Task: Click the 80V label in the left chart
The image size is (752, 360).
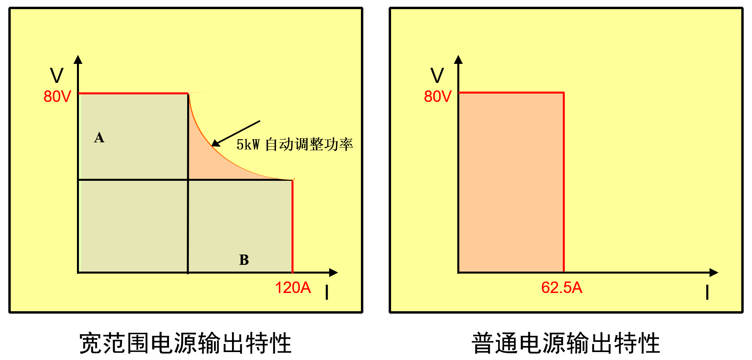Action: point(57,96)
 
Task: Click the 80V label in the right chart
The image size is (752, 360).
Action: point(437,96)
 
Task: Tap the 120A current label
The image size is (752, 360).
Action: point(293,288)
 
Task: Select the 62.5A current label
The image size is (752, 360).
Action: point(561,288)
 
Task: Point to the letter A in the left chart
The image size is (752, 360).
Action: point(99,138)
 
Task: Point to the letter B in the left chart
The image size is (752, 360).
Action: point(244,260)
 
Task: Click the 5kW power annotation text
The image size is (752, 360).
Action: point(294,144)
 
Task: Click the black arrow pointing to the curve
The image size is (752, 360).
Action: point(236,133)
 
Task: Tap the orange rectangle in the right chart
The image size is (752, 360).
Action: point(511,182)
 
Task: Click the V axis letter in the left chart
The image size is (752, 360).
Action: point(56,75)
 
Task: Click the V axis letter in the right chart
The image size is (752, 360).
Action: point(437,75)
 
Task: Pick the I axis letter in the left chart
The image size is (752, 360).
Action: point(327,293)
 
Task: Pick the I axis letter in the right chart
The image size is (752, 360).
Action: point(707,293)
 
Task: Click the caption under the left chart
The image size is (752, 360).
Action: point(185,343)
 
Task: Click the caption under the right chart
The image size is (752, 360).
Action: point(566,343)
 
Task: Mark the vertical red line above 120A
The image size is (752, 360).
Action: point(293,226)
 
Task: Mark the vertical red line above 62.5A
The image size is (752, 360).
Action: point(564,182)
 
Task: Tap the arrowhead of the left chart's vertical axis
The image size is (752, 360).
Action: point(78,59)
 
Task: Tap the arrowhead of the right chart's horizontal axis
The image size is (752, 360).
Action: point(714,272)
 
